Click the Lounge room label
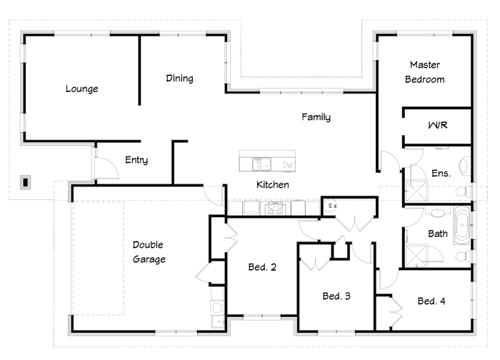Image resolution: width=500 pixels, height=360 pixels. (x=81, y=89)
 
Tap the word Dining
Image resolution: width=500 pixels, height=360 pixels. (x=179, y=79)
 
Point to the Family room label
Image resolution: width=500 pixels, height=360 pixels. (x=316, y=117)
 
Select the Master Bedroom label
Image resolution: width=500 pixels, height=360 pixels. (x=425, y=72)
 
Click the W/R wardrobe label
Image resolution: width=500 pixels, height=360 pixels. (x=438, y=125)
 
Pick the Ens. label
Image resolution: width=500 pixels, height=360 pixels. (x=441, y=173)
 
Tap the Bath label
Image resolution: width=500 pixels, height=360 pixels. (x=437, y=234)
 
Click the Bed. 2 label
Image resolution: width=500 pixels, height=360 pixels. (x=262, y=267)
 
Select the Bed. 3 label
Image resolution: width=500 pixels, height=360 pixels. (x=336, y=296)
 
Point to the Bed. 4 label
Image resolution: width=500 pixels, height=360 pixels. (x=431, y=301)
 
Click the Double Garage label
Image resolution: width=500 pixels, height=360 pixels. (x=149, y=252)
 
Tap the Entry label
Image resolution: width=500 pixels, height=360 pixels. (x=136, y=160)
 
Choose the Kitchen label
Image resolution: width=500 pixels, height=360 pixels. (x=273, y=184)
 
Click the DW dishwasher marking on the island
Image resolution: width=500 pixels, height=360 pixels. (x=288, y=165)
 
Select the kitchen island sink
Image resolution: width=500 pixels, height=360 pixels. (x=262, y=164)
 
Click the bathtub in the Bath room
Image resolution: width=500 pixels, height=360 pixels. (x=462, y=226)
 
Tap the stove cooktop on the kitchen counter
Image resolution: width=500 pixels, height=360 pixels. (x=274, y=209)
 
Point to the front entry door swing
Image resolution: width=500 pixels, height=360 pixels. (x=107, y=168)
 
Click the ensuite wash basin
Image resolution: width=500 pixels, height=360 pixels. (x=464, y=166)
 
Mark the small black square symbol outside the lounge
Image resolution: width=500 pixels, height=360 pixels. (x=25, y=182)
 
